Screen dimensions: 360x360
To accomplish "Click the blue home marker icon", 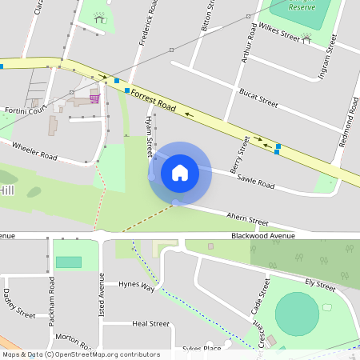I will [179, 172].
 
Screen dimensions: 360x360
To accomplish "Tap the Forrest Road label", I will [153, 99].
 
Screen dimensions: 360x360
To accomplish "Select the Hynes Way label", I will [136, 285].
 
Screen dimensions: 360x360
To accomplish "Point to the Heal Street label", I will [150, 324].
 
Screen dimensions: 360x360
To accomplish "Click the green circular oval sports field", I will [297, 314].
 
